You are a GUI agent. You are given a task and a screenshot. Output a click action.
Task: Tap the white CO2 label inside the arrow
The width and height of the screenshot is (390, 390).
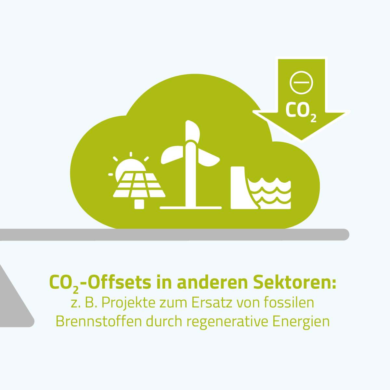[x=301, y=111]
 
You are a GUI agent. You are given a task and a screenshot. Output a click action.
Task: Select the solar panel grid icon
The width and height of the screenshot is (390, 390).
[x=139, y=185]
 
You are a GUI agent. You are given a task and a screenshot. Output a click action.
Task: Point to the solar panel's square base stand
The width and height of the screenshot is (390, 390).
[x=139, y=204]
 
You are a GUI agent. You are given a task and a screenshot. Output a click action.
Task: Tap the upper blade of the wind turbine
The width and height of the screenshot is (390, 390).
[x=193, y=132]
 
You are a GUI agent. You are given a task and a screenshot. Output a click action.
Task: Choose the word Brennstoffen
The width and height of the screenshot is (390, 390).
[x=99, y=321]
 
